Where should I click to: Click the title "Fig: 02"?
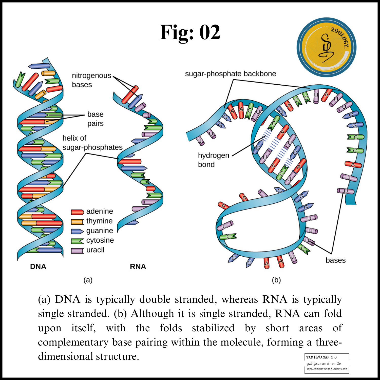tap(190, 32)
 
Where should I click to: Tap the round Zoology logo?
tap(326, 47)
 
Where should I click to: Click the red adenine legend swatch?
tap(77, 212)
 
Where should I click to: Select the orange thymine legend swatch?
tap(77, 222)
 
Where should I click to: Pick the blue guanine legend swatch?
tap(77, 231)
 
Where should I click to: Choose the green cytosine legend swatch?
tap(77, 241)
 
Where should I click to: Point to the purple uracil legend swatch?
tap(77, 251)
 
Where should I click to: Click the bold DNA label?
tap(38, 267)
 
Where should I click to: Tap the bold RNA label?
tap(138, 267)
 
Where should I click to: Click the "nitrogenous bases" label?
tap(91, 80)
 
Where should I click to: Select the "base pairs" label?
tap(95, 119)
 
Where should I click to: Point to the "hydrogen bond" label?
tap(213, 160)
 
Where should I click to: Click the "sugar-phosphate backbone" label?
tap(230, 74)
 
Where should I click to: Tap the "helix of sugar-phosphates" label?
tap(92, 143)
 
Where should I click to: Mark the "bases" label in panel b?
tap(335, 260)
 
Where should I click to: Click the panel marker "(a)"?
tap(88, 280)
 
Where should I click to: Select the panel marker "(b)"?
tap(276, 280)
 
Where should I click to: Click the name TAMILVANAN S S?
tap(321, 357)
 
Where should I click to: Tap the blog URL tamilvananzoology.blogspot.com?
tap(327, 369)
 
